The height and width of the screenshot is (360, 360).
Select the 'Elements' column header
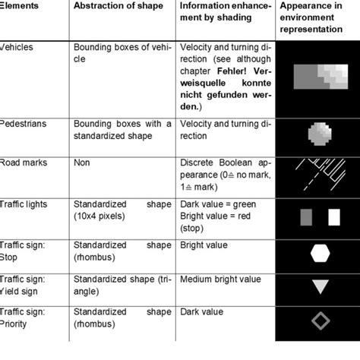pyautogui.click(x=20, y=6)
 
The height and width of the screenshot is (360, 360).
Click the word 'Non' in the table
pyautogui.click(x=81, y=163)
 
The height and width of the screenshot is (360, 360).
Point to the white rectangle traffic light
pyautogui.click(x=333, y=219)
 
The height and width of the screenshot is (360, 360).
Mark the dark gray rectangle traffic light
pyautogui.click(x=307, y=219)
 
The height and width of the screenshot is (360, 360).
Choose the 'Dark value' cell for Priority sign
pyautogui.click(x=203, y=311)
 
